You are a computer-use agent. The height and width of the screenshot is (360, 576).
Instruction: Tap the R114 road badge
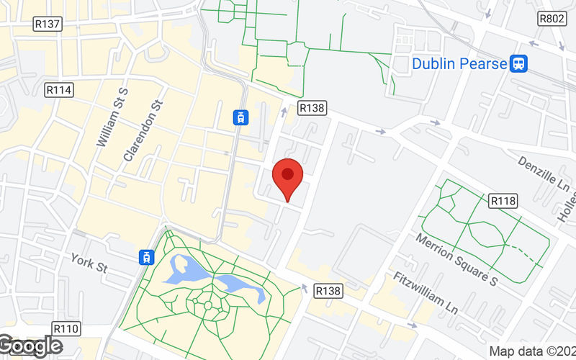coord(58,90)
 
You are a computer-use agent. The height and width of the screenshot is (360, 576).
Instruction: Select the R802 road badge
coord(552,19)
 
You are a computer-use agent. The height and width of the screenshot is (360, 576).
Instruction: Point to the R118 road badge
coord(503,201)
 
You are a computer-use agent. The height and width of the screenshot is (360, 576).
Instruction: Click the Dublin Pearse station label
coord(459,64)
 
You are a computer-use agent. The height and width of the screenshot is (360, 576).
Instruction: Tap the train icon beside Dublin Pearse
coord(518,64)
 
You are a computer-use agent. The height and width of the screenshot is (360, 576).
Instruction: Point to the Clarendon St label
coord(140,130)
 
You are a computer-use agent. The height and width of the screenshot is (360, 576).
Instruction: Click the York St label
coord(89,263)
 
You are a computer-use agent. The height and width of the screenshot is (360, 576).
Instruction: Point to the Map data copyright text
coord(532,352)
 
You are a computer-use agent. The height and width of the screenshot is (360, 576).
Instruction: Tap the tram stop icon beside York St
coord(147,257)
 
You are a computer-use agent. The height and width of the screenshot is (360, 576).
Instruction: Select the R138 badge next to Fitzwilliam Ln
coord(328,291)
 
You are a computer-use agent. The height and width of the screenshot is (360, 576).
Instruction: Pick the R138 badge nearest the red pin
coord(312,108)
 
